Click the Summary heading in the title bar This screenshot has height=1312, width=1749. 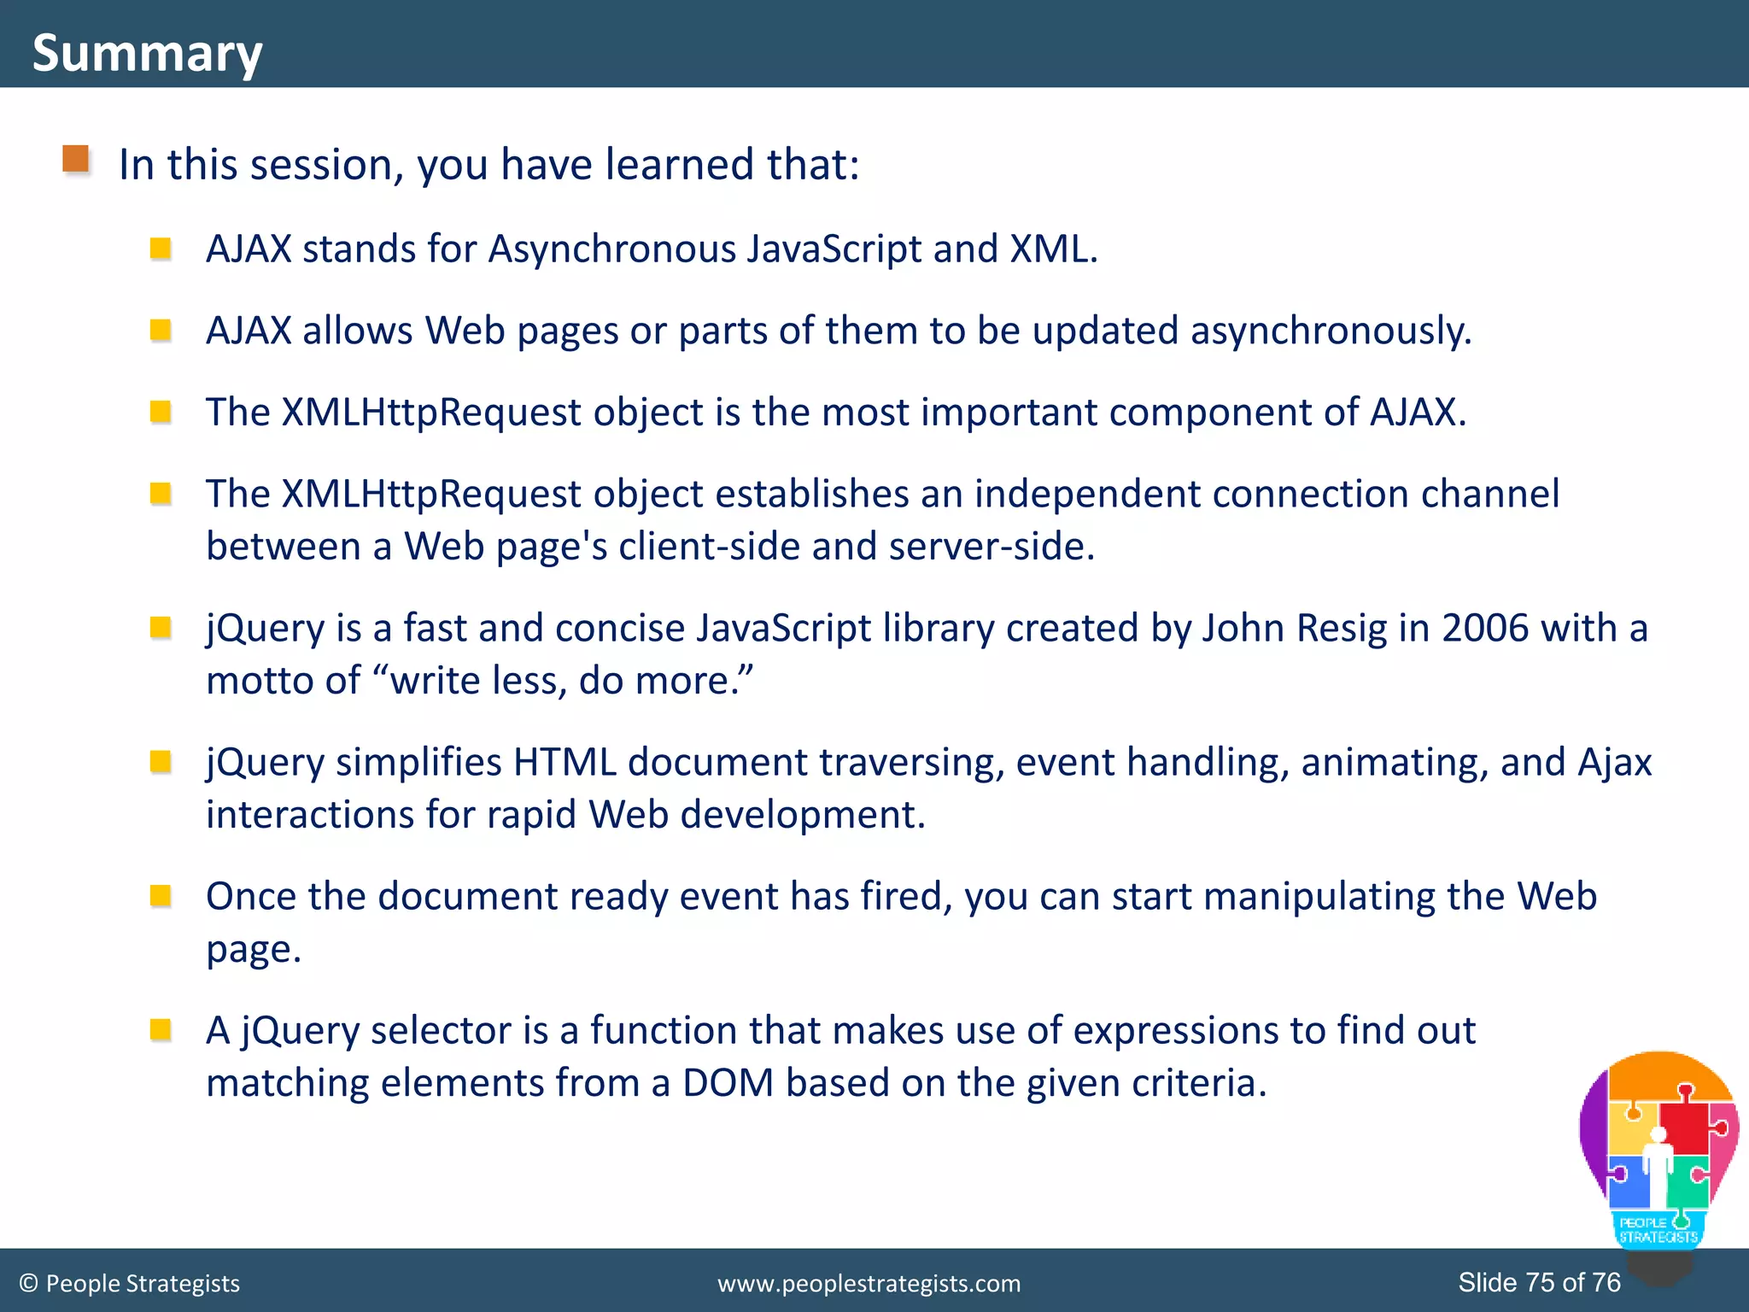point(147,53)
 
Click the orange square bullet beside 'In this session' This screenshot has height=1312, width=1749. point(76,159)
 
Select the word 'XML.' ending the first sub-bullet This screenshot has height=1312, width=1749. point(1053,249)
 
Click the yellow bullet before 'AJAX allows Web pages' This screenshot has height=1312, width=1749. point(161,330)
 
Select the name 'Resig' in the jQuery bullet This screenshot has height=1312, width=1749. point(1342,629)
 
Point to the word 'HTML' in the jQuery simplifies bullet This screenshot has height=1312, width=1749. point(564,763)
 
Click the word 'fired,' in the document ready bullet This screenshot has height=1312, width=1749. point(905,897)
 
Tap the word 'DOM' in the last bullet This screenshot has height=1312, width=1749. point(728,1083)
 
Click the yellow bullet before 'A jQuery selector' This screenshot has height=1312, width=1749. point(161,1030)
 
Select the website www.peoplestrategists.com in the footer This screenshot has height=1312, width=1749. point(869,1284)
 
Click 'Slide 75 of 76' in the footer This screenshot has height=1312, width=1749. point(1539,1282)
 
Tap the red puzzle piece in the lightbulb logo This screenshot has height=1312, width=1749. point(1683,1127)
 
